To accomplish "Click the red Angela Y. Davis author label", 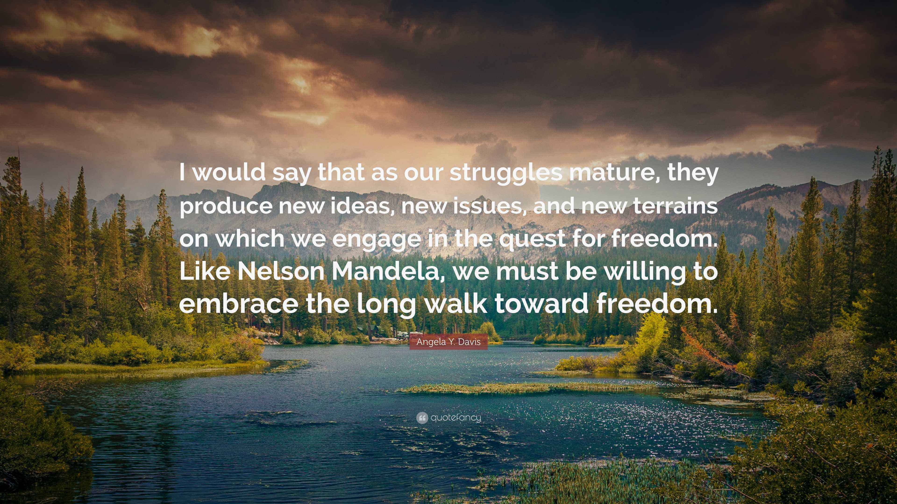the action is [x=448, y=342].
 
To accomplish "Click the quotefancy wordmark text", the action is [x=456, y=418].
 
